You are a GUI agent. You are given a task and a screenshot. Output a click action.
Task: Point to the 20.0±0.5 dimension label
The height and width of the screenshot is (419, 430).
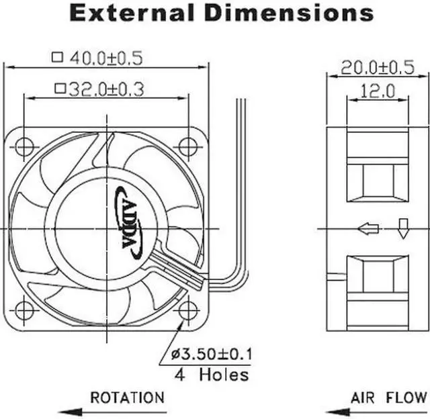click(376, 67)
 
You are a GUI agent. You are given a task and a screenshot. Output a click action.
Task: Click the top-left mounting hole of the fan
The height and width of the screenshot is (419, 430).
click(24, 146)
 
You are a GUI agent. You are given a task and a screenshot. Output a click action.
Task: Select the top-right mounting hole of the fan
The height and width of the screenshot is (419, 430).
click(188, 146)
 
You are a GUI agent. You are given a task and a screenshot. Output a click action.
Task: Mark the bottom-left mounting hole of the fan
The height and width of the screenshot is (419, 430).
click(24, 310)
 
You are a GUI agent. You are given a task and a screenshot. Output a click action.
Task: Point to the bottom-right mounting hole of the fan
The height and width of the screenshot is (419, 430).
click(188, 310)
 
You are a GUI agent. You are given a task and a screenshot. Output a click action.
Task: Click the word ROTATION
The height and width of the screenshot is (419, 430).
click(127, 398)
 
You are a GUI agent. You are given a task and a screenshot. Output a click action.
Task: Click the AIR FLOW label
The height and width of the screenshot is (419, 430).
click(388, 398)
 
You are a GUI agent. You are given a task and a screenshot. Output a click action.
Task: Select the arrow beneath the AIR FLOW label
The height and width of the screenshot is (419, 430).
click(376, 410)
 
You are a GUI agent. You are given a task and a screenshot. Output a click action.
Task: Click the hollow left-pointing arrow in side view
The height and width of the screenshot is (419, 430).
click(369, 229)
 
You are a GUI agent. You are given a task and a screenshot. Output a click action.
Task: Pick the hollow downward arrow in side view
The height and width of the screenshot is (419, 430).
click(403, 228)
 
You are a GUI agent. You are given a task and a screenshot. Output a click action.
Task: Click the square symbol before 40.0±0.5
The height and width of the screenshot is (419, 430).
click(57, 58)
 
